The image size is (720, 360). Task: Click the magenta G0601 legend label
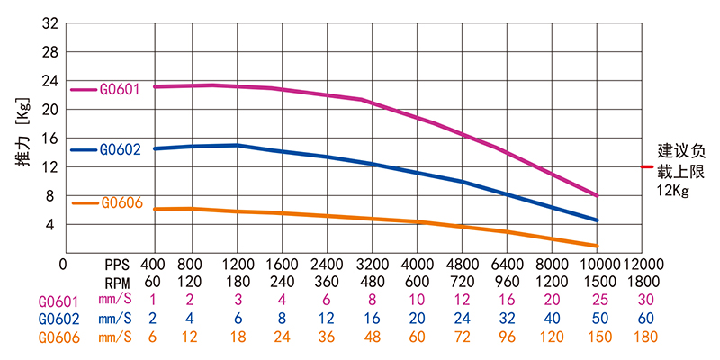tap(119, 90)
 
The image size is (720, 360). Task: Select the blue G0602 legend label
tap(119, 149)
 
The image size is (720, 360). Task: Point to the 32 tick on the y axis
tap(49, 24)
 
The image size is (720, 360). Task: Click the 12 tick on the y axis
tap(49, 166)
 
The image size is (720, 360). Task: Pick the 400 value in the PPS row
tap(154, 265)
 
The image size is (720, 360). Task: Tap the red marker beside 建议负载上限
tap(646, 166)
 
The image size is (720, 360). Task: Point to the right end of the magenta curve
tap(598, 195)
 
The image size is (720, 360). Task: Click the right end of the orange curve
tap(598, 246)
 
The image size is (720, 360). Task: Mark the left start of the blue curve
tap(155, 148)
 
